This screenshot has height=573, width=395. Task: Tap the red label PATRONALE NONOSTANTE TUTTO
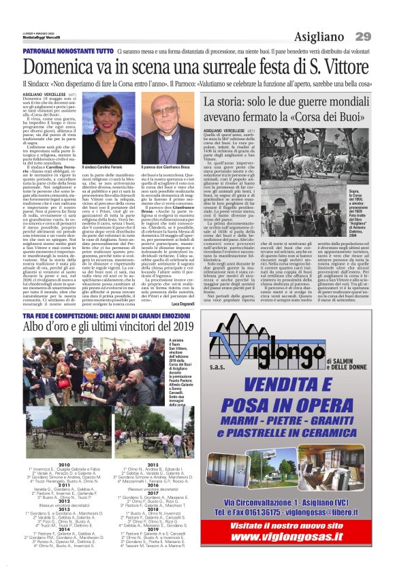pos(68,52)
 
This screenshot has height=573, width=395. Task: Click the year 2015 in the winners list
pos(151,463)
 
